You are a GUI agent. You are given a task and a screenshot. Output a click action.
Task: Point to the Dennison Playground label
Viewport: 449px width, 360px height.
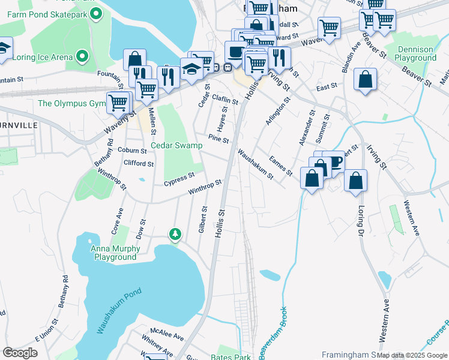pos(415,53)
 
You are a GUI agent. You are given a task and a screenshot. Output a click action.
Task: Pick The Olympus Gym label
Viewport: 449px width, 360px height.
pos(71,103)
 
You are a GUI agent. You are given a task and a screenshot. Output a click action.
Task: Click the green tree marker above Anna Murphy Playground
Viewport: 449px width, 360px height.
pos(175,233)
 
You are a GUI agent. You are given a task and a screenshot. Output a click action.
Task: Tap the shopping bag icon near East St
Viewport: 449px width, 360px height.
pos(365,79)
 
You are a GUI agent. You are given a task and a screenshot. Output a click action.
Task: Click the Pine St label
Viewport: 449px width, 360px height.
pos(218,139)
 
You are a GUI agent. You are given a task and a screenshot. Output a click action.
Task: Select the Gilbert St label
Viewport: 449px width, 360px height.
pos(202,220)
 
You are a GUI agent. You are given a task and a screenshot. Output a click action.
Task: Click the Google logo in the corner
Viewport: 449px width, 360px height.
pos(20,352)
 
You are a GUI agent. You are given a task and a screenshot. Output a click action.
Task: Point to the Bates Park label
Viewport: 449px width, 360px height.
pos(231,356)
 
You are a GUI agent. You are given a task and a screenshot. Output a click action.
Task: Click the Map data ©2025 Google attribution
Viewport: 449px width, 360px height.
pos(412,355)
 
